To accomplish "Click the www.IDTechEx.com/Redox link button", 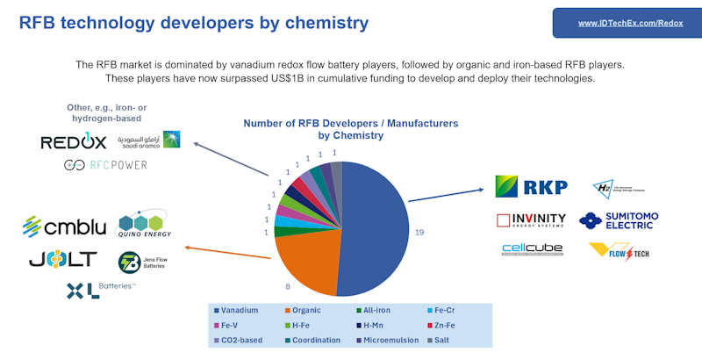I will (624, 23).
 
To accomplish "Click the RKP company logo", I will (532, 186).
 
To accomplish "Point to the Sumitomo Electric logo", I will (618, 220).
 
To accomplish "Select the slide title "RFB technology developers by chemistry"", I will (194, 23).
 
